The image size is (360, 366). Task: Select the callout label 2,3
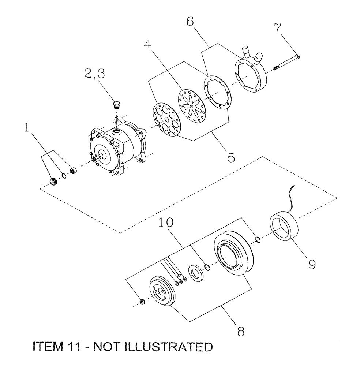pyautogui.click(x=95, y=75)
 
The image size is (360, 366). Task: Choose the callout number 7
pyautogui.click(x=279, y=27)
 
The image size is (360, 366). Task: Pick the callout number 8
pyautogui.click(x=241, y=331)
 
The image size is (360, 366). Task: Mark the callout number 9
pyautogui.click(x=311, y=264)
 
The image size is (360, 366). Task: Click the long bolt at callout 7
pyautogui.click(x=287, y=62)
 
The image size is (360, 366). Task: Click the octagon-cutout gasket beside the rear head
pyautogui.click(x=217, y=91)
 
